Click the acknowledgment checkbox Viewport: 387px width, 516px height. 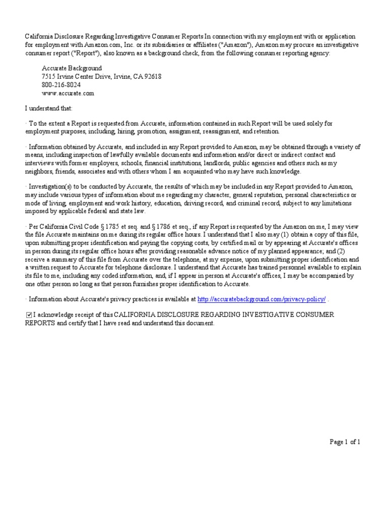[x=29, y=315]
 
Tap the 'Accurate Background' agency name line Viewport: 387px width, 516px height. [x=72, y=68]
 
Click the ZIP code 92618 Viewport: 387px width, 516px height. [x=153, y=76]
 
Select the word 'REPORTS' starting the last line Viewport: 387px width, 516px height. [x=40, y=323]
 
